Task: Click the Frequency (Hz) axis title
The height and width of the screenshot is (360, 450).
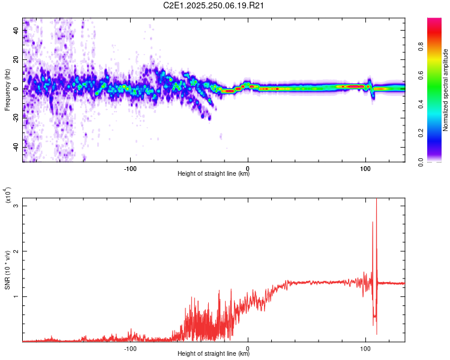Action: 7,89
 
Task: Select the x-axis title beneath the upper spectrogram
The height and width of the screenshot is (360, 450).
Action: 214,175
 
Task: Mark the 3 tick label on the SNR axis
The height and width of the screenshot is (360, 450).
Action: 17,206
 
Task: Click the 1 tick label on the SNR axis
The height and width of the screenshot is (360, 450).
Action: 17,296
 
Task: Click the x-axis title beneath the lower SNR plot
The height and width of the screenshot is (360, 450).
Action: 214,355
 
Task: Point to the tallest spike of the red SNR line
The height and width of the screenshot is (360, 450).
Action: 376,200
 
